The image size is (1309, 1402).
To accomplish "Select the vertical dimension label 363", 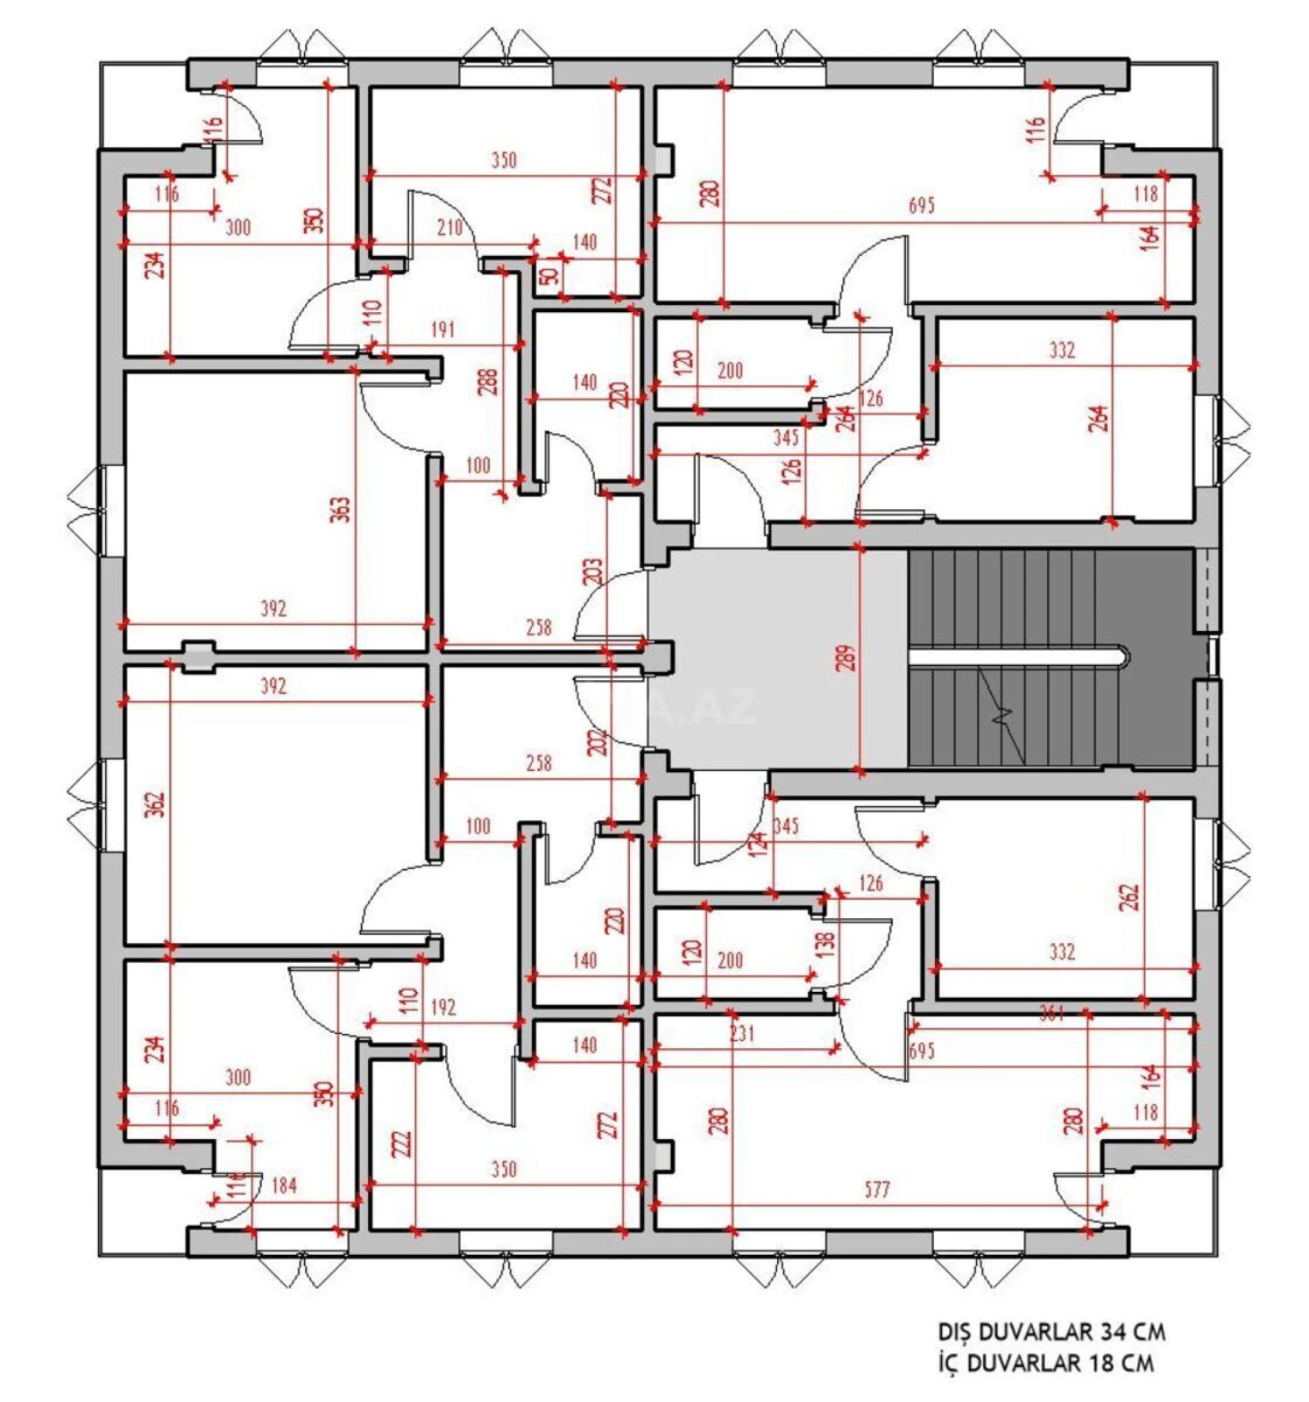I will (340, 509).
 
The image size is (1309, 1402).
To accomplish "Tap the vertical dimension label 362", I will (154, 804).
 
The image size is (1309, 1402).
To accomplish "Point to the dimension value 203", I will (593, 571).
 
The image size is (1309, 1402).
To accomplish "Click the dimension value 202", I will (597, 742).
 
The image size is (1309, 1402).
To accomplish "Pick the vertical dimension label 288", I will (488, 381).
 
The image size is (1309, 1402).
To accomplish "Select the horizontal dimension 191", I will (442, 329).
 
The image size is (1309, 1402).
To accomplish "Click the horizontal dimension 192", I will (442, 1007).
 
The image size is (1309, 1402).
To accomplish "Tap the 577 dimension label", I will (876, 1189).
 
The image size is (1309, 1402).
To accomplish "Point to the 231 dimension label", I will (741, 1033).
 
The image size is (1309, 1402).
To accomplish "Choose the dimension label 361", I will (1051, 1014).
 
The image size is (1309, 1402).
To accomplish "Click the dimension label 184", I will (284, 1186).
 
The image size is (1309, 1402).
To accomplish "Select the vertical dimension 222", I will (400, 1143).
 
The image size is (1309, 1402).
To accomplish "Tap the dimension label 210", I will (449, 228).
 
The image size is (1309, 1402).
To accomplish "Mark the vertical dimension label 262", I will (1129, 897).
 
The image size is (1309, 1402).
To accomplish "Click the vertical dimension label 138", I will (824, 943).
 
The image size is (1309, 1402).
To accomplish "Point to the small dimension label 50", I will (548, 275).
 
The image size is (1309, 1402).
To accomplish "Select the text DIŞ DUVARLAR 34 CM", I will (1051, 1332).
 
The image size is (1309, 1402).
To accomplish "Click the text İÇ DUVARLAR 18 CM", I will (1045, 1363).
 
